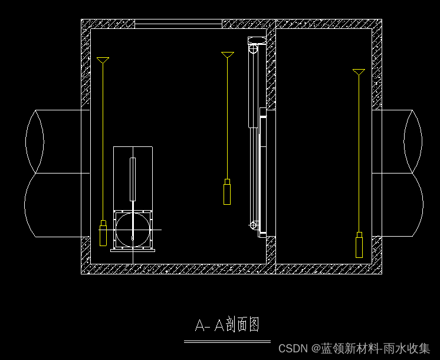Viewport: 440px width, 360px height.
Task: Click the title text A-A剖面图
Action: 227,325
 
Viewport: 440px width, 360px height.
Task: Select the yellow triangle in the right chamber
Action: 359,72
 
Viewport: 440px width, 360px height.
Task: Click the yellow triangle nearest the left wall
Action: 103,60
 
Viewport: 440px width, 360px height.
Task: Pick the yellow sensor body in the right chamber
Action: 359,245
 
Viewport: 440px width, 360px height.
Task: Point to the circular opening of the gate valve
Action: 133,228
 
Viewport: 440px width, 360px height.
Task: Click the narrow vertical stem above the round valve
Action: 133,178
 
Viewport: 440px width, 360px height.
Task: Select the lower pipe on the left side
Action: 56,205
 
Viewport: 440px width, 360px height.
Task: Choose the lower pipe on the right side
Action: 401,205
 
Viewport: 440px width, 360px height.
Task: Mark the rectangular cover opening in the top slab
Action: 178,24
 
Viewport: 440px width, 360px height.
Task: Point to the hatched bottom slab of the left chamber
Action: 177,269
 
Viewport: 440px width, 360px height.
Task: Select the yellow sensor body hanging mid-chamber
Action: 227,192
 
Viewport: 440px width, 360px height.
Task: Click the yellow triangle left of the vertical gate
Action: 228,55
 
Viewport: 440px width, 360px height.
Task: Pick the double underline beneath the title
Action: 227,341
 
